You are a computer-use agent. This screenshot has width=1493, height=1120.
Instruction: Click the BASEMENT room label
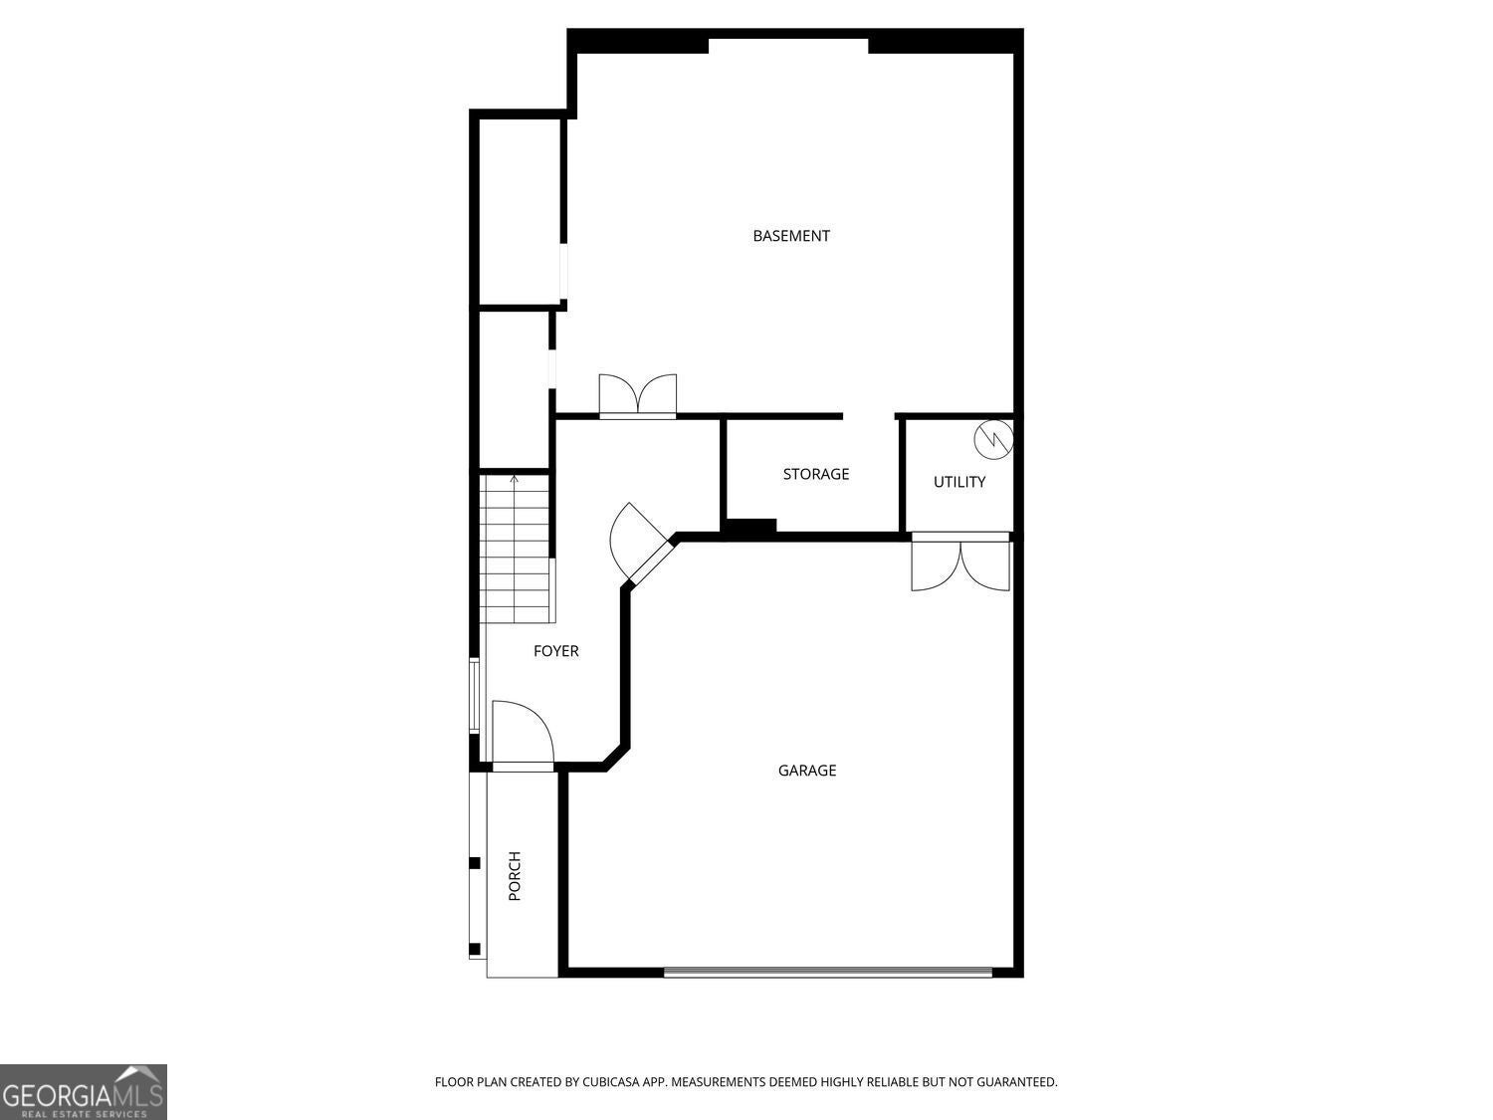tap(791, 236)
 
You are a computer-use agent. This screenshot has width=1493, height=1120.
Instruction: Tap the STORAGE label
tap(816, 474)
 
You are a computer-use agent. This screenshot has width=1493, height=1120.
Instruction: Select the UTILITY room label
tap(960, 482)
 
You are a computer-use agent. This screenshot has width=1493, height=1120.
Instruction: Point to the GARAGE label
tap(807, 771)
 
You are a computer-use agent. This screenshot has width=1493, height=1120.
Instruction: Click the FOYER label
tap(555, 651)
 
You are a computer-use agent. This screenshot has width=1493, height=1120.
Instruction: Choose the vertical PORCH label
tap(515, 876)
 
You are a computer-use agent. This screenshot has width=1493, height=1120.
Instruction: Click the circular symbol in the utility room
tap(992, 437)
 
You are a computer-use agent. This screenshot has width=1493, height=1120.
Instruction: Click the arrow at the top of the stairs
tap(515, 480)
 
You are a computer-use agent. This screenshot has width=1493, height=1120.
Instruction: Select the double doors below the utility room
tap(961, 563)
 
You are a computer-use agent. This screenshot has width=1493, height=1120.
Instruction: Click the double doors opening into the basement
tap(638, 395)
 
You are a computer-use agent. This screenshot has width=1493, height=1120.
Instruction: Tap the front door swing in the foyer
tap(523, 733)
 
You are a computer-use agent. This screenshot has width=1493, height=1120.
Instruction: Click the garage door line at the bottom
tap(828, 972)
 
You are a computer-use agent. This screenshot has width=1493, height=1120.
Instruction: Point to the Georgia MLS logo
tap(84, 1092)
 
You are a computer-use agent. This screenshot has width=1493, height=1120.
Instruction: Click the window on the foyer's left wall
tap(475, 696)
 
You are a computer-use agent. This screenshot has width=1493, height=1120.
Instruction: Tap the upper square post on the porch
tap(475, 862)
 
